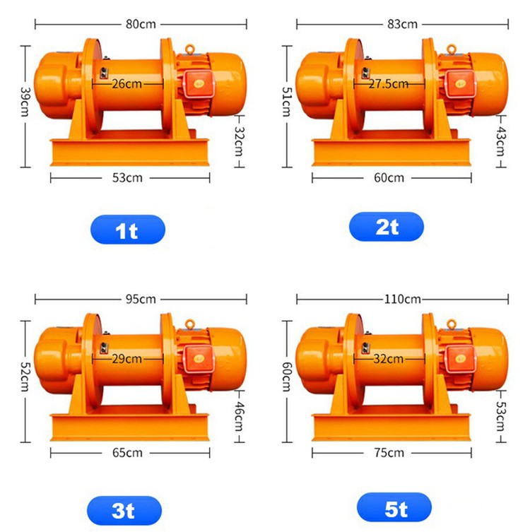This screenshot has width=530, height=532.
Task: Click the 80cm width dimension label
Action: click(x=141, y=24)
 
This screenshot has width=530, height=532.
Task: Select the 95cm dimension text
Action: click(x=141, y=299)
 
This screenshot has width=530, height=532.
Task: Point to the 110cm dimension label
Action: click(x=402, y=299)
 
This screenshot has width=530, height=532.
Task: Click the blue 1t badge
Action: click(x=127, y=230)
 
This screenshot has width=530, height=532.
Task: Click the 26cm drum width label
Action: click(x=127, y=83)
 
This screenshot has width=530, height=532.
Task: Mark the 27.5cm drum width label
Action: click(x=389, y=83)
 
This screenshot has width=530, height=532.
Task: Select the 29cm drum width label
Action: click(x=127, y=358)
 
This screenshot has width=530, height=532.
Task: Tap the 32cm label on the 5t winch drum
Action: click(x=389, y=358)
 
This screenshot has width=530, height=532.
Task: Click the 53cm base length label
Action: click(x=128, y=177)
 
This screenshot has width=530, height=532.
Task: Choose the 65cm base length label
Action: click(x=128, y=452)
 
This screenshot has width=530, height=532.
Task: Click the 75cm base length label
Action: click(x=390, y=452)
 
